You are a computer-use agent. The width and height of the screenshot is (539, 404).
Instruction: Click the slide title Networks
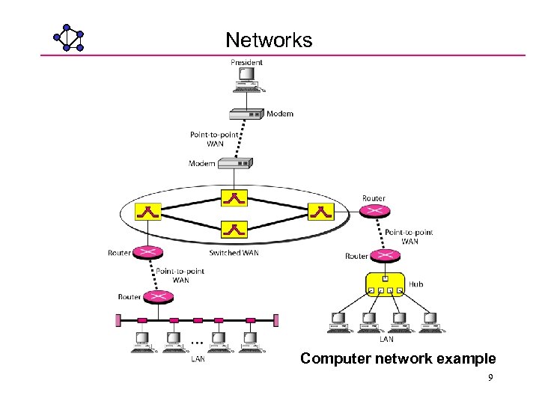point(269,40)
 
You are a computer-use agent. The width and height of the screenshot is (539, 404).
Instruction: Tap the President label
point(246,63)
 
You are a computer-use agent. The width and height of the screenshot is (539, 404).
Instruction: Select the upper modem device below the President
point(247,114)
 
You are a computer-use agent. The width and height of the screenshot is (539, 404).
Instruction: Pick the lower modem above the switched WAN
point(235,163)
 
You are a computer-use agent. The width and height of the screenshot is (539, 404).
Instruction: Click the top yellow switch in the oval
point(235,198)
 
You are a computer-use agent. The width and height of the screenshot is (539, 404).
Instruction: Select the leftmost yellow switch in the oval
point(148,212)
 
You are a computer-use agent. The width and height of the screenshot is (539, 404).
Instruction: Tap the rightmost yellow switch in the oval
point(321,212)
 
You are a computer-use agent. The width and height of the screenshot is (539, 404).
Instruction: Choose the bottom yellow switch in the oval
point(235,230)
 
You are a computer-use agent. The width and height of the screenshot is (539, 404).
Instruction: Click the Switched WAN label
point(234,253)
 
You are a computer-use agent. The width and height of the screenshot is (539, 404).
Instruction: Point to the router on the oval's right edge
point(374,212)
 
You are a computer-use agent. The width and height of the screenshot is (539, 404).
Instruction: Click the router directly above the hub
point(386,256)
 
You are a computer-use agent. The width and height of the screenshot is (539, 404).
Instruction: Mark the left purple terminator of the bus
point(117,320)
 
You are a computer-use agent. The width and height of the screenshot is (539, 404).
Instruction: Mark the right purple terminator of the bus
point(276,320)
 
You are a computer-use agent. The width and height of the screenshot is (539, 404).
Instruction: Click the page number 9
point(490,378)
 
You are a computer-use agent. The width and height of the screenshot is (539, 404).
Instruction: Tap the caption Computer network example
point(398,358)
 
